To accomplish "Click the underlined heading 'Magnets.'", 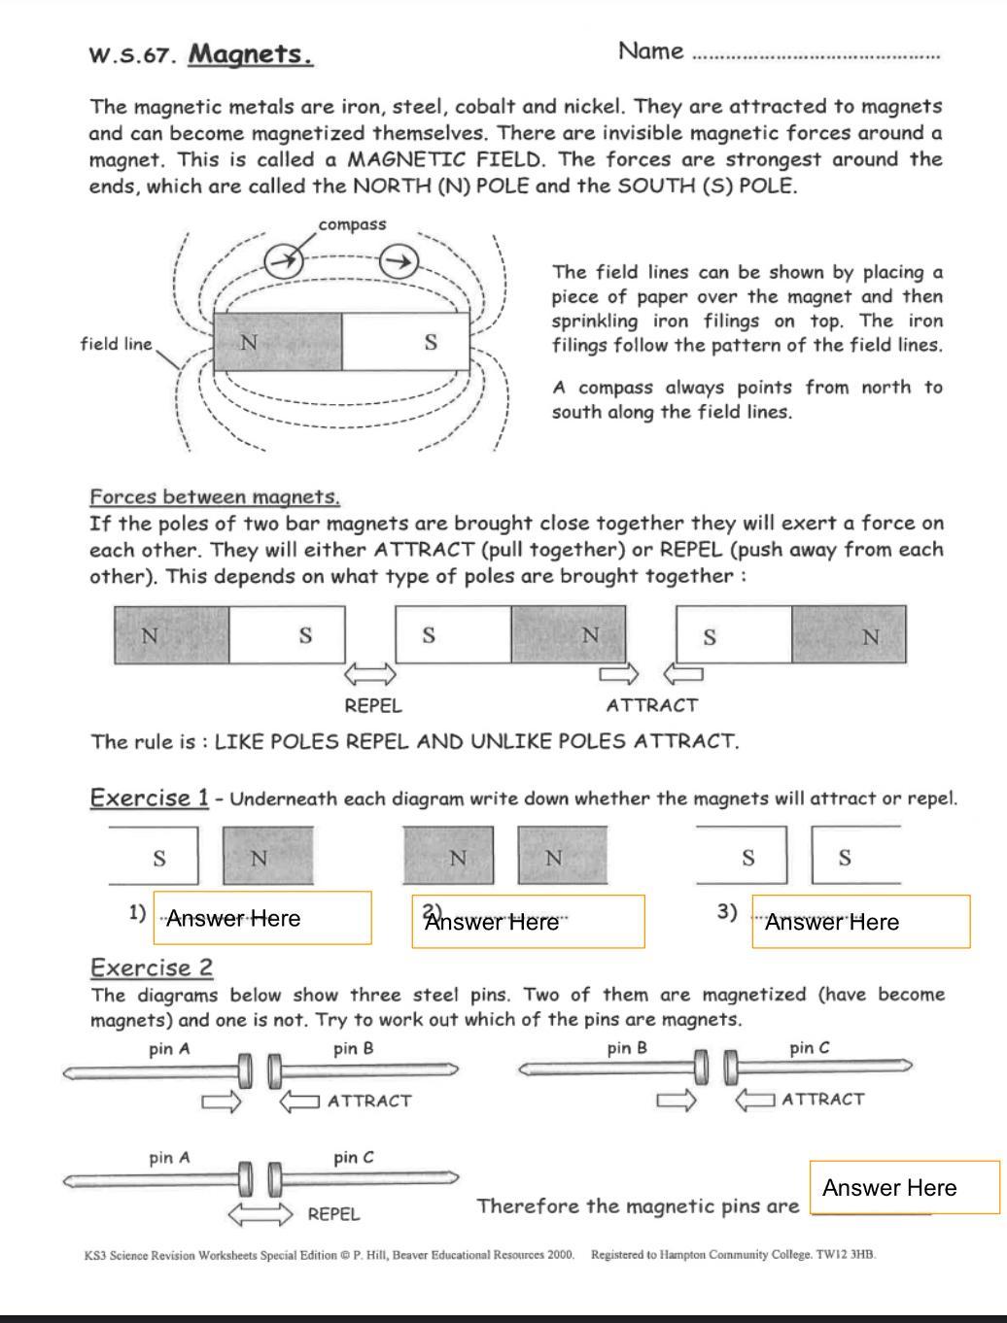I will click(x=251, y=53).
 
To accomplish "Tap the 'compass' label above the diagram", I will click(x=352, y=224).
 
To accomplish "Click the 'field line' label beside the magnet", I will click(x=117, y=344).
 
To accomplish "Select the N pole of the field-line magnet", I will click(x=277, y=342).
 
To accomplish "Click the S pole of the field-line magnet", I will click(x=406, y=342).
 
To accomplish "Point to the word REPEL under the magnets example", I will click(x=373, y=706).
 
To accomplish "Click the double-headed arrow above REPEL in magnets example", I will click(x=371, y=673).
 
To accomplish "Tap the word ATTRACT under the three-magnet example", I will click(x=652, y=706).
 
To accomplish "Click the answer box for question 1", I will click(x=262, y=918).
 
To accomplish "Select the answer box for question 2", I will click(x=528, y=921).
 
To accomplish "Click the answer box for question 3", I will click(x=860, y=922).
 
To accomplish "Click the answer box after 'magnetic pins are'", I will click(x=904, y=1187).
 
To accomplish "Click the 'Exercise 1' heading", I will click(x=149, y=798).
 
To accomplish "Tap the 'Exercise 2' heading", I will click(x=152, y=968).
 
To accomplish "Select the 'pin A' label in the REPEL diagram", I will click(x=169, y=1158).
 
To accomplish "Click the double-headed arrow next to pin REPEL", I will click(x=260, y=1214).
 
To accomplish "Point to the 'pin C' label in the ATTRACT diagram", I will click(x=810, y=1048).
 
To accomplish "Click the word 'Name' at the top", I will click(x=650, y=51).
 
